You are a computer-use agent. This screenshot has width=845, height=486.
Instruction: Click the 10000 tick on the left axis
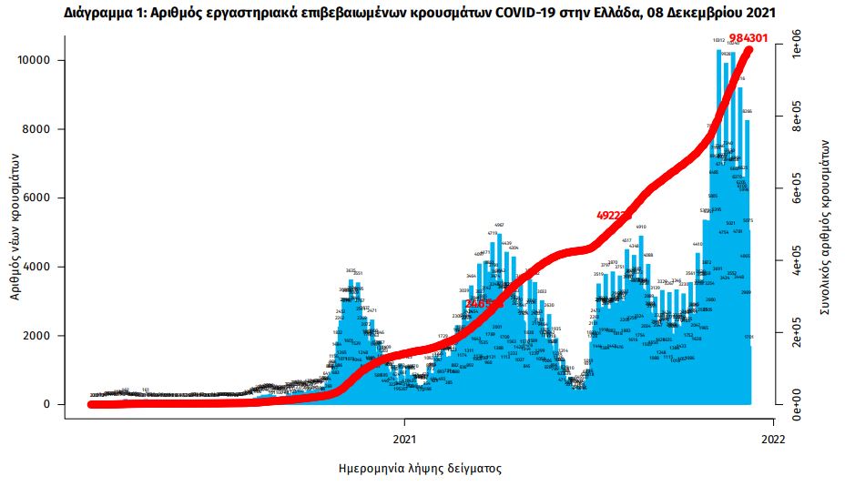(35, 60)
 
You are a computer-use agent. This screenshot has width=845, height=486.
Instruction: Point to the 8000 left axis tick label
(38, 129)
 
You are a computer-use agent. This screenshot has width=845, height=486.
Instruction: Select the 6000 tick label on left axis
(38, 198)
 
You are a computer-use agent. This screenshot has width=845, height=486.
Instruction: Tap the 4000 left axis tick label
(38, 267)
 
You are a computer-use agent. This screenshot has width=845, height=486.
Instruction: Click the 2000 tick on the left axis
(38, 336)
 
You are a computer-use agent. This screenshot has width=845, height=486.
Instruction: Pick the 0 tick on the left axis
(50, 404)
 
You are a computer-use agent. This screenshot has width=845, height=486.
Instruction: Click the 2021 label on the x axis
(404, 437)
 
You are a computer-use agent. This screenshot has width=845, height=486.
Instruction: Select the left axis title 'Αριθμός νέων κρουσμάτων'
(16, 227)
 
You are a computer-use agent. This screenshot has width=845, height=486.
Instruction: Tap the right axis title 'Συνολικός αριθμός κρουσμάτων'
(824, 228)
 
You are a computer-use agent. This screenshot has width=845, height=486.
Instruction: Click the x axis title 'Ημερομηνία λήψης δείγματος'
(419, 469)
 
